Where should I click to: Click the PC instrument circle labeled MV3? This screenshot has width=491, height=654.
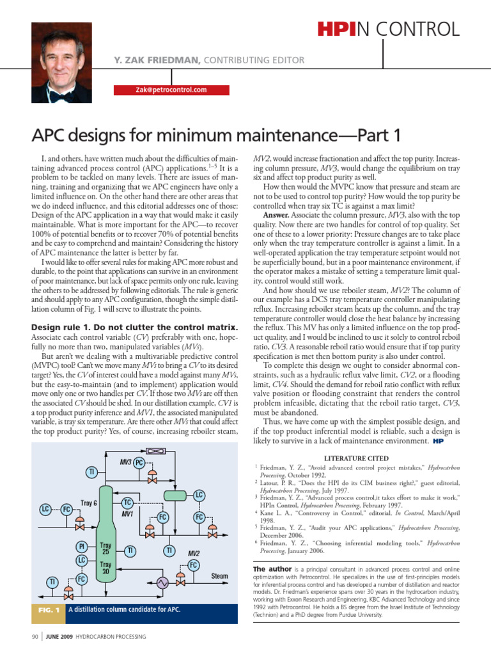(139, 462)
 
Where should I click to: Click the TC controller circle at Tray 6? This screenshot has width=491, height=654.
(127, 503)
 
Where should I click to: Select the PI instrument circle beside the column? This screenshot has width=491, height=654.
(82, 547)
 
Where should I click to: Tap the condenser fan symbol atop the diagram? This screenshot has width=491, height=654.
(154, 451)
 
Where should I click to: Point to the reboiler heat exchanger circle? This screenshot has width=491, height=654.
(162, 582)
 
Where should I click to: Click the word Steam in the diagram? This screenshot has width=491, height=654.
(219, 576)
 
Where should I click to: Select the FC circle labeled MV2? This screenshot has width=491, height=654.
(193, 565)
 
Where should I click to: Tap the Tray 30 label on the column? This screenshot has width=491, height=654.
(106, 568)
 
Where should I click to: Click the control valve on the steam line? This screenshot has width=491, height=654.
(181, 582)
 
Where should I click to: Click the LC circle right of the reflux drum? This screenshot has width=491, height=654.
(199, 495)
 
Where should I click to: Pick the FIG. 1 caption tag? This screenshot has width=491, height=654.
(48, 609)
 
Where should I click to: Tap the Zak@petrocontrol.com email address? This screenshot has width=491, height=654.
(171, 89)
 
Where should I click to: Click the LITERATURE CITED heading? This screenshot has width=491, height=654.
(355, 458)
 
